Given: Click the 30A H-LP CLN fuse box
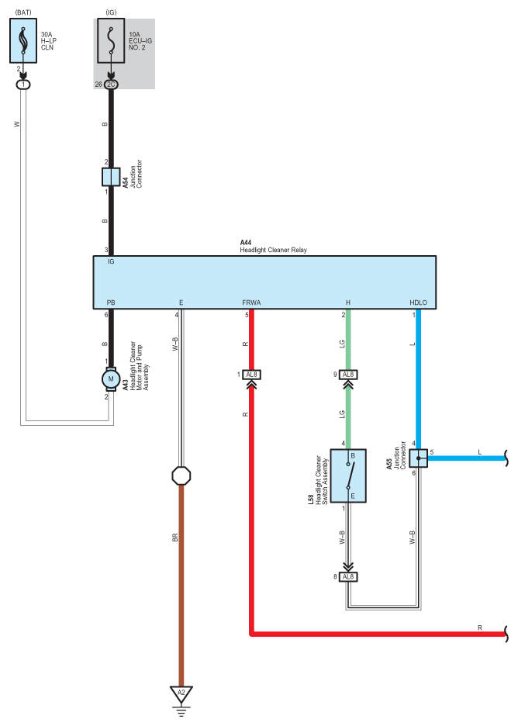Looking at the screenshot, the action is tap(23, 41).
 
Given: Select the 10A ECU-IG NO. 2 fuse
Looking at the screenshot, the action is tap(111, 41).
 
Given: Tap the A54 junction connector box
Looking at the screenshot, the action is tap(111, 177).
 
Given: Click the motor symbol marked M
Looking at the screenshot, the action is tap(111, 379).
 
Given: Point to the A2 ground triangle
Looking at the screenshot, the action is tap(181, 694).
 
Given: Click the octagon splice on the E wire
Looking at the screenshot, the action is tap(181, 475).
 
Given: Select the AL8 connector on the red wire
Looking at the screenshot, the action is tap(251, 375).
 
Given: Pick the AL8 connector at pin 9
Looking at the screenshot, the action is tap(348, 375).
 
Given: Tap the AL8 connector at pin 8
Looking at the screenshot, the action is tap(348, 577).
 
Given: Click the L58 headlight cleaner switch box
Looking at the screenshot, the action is tap(348, 475).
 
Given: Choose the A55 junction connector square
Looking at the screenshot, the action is tap(419, 458).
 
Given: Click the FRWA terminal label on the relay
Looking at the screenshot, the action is tap(251, 302).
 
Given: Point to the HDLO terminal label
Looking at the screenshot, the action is tap(419, 302).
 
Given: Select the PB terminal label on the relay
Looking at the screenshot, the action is tap(111, 302).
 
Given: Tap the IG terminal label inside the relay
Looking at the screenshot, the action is tap(111, 261).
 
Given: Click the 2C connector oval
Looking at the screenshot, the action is tap(111, 85).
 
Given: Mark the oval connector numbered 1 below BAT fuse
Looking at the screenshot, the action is tap(23, 85).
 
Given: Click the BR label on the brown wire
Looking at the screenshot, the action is tap(175, 538).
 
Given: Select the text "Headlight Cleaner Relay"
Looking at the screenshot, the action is tap(273, 250).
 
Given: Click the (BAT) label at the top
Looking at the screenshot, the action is tap(23, 12).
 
